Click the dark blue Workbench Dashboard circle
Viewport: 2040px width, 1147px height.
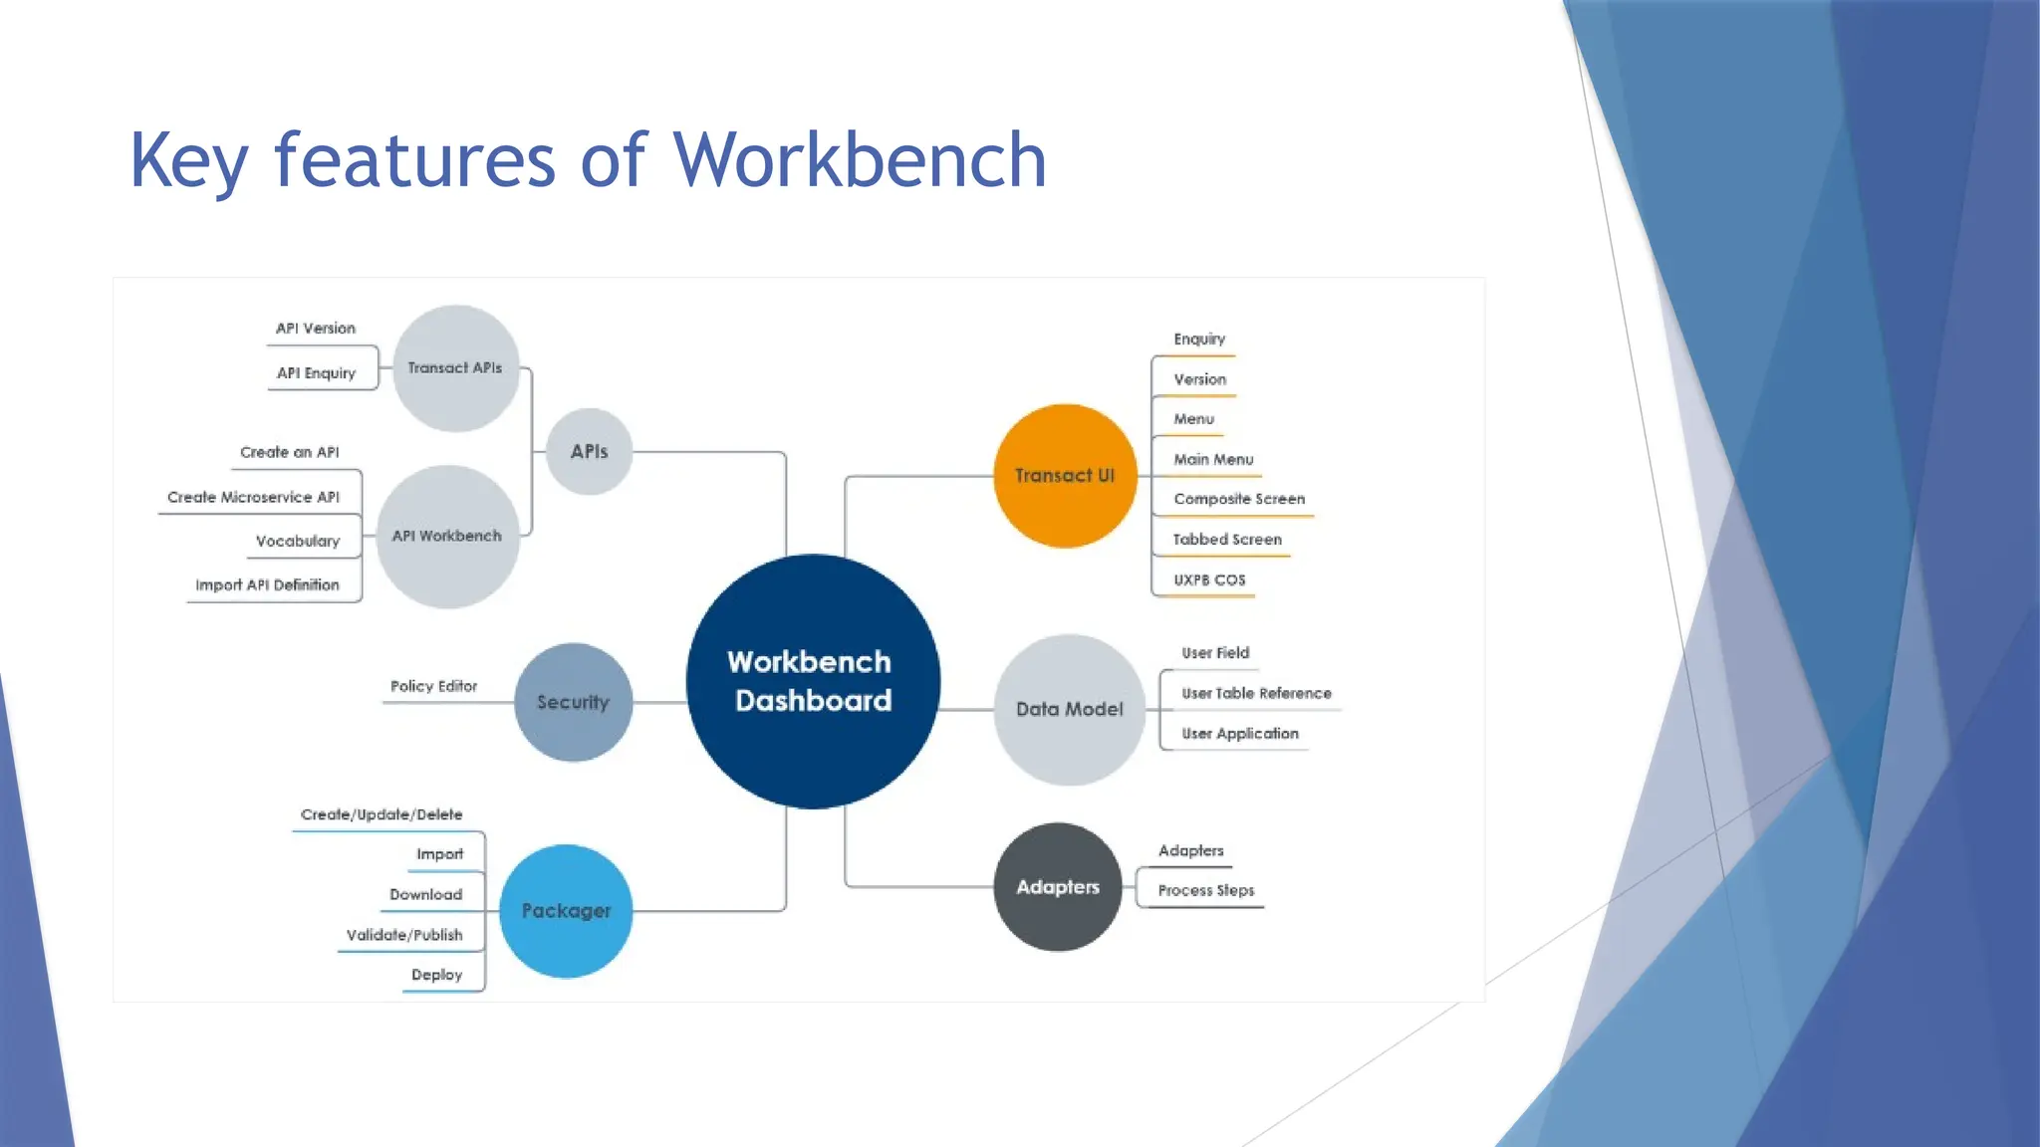813,681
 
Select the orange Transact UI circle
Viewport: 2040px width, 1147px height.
1065,476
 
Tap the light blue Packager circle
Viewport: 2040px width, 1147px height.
566,911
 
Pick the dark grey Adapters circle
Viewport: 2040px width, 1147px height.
1058,887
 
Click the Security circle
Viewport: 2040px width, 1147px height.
573,702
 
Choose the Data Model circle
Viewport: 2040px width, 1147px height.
1069,709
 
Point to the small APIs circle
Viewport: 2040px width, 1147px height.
589,451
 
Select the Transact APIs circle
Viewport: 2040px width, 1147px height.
455,368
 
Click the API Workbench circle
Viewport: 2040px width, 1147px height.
447,536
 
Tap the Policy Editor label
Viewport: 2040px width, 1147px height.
433,686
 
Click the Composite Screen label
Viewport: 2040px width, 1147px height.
1238,499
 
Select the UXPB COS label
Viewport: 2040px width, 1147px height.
1209,579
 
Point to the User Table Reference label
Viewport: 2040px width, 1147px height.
1256,693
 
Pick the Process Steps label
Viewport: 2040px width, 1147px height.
1205,890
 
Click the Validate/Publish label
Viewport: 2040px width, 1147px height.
403,935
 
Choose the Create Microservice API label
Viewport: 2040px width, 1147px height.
253,497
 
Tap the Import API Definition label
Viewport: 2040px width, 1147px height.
267,584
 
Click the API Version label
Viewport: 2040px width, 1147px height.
315,328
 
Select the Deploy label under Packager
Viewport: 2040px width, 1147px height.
436,975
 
